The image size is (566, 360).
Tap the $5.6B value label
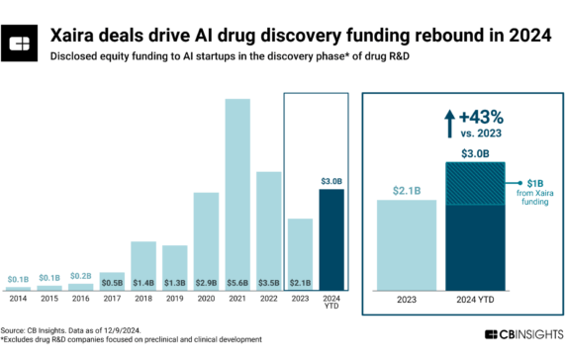coord(237,281)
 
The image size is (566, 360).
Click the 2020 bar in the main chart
coord(206,237)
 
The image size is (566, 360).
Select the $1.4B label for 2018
coord(143,281)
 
